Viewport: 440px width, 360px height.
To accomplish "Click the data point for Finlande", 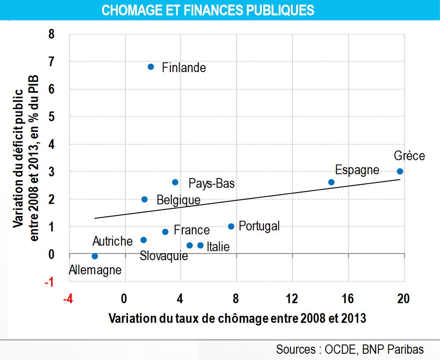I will (x=150, y=67).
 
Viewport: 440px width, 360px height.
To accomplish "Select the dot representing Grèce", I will (x=400, y=171).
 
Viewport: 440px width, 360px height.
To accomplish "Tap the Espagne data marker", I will (x=331, y=182).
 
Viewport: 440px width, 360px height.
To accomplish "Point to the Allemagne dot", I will (x=94, y=256).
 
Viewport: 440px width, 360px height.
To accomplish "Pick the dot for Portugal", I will (x=231, y=227).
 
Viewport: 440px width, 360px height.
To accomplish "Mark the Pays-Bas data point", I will (x=175, y=182).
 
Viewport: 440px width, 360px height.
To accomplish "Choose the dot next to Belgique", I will (x=144, y=199).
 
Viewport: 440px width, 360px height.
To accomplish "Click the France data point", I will (x=165, y=232).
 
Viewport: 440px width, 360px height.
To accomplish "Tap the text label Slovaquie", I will (x=164, y=256).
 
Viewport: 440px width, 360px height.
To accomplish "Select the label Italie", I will (x=218, y=246).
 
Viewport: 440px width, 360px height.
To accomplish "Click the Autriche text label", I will (x=113, y=241).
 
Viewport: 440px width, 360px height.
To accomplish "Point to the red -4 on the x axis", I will (x=68, y=299).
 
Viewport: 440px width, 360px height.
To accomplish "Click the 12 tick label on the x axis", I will (x=292, y=299).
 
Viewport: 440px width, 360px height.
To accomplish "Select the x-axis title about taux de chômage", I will (x=237, y=318).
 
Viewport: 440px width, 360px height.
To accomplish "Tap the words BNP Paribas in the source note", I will (x=393, y=349).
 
